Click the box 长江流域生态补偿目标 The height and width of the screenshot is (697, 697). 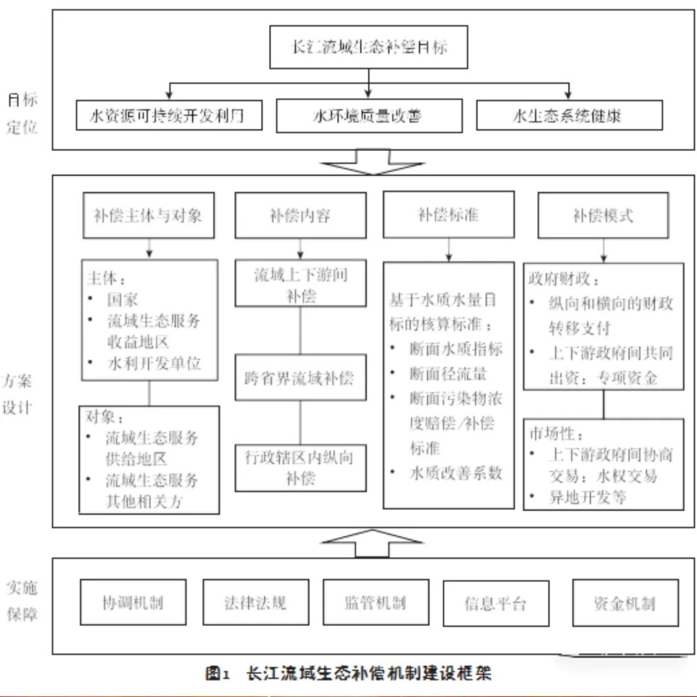point(369,47)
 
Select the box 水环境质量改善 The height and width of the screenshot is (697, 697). point(369,116)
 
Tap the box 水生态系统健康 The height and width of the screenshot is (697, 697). point(569,116)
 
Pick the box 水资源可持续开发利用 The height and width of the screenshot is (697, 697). point(169,116)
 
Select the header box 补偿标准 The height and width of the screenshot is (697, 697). point(449,214)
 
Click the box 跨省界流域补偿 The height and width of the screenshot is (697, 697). point(300,378)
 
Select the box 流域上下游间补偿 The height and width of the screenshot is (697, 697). point(300,284)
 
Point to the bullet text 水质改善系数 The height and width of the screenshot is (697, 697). point(456,473)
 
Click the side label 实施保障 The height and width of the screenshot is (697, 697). point(23,600)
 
